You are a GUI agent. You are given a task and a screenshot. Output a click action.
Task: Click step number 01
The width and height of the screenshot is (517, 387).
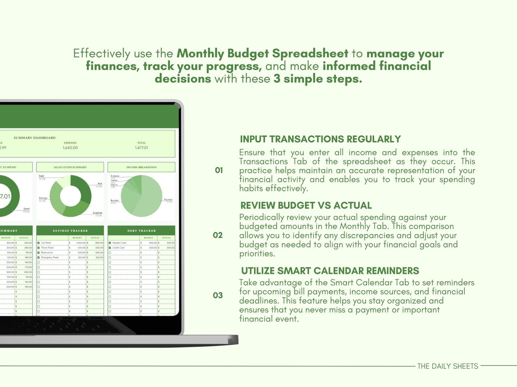point(219,170)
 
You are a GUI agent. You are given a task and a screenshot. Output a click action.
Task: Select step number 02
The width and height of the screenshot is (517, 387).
point(218,235)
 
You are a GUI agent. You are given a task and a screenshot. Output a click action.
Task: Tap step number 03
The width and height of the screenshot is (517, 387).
point(218,295)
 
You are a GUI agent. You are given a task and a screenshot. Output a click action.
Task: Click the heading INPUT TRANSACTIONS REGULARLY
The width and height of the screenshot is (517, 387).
point(320,139)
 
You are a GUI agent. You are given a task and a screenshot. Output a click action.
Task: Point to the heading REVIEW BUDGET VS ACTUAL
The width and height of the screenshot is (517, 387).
point(306,205)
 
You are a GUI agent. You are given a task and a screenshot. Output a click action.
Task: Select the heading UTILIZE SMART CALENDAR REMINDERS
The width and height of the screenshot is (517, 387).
point(330,271)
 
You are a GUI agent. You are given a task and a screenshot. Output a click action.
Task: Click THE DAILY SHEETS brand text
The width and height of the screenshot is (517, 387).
point(448,366)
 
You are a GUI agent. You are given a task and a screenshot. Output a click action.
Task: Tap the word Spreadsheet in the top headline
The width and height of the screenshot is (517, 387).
point(310,53)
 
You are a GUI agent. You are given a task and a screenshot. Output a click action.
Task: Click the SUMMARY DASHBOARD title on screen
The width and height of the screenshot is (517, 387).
point(35,138)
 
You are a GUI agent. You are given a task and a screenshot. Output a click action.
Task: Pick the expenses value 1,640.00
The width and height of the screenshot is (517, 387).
point(70,148)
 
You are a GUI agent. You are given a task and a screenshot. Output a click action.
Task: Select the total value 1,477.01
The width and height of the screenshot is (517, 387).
point(141,148)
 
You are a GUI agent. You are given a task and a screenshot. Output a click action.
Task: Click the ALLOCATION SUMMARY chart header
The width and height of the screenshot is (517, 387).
point(70,167)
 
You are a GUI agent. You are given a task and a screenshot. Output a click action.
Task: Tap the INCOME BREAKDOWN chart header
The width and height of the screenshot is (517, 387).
point(141,167)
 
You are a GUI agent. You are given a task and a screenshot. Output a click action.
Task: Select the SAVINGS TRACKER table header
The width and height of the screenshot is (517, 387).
point(70,231)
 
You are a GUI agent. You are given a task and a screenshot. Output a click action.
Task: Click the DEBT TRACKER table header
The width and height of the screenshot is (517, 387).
point(141,231)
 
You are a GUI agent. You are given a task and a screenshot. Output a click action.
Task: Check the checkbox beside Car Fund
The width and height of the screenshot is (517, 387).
point(38,243)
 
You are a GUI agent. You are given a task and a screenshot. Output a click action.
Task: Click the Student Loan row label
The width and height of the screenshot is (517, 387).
point(119,243)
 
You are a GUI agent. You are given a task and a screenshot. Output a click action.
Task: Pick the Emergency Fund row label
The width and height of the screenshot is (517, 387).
point(49,257)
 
